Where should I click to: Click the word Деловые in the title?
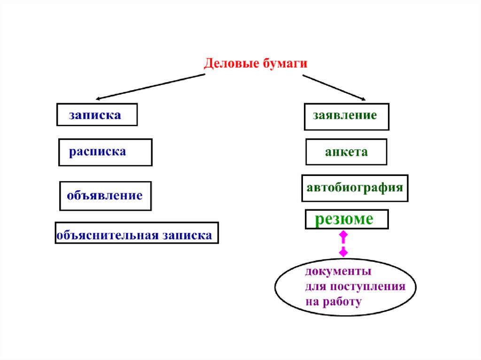tap(228, 63)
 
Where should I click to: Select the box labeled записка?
tap(97, 115)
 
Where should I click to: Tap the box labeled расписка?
tap(105, 152)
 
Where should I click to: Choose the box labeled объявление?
tap(105, 195)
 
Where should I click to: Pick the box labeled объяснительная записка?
tap(137, 233)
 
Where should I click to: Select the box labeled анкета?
tap(346, 152)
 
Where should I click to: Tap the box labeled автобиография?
tap(355, 188)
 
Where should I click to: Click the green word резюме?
tap(344, 219)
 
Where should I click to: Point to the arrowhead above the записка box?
tap(99, 98)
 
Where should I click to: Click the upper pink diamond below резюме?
tap(343, 234)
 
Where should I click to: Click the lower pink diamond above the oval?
tap(343, 253)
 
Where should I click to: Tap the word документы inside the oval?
tap(338, 272)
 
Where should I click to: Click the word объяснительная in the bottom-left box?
tap(108, 235)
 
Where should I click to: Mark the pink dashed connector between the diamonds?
tap(343, 244)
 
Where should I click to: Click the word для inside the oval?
tap(313, 287)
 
